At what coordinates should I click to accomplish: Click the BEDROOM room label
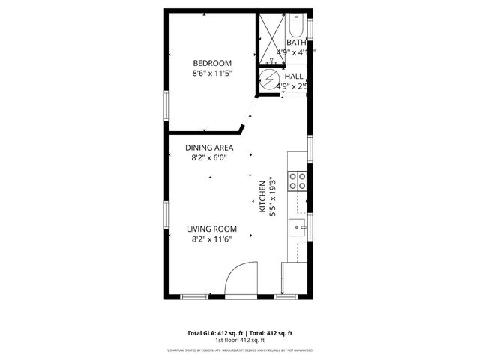click(212, 63)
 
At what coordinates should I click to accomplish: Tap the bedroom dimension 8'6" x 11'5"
click(212, 74)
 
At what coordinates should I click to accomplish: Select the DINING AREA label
click(209, 148)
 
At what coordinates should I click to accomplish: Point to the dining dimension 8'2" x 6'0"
click(209, 158)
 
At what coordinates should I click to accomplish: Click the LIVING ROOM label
click(212, 229)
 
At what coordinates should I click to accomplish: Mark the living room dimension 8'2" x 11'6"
click(212, 240)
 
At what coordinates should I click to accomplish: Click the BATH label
click(295, 43)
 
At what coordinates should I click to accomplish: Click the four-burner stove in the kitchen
click(298, 180)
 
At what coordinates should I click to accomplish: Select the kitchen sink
click(298, 226)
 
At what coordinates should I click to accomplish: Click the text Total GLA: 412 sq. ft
click(212, 332)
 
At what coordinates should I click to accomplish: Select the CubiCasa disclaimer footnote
click(239, 350)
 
